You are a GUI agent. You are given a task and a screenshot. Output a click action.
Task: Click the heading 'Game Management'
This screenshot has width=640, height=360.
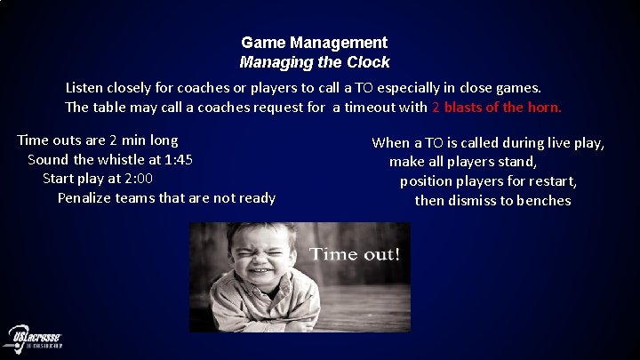[314, 43]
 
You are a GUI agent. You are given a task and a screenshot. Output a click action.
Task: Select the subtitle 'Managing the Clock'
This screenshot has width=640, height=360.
[314, 62]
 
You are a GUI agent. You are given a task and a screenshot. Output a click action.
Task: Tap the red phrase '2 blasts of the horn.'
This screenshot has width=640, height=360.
[497, 108]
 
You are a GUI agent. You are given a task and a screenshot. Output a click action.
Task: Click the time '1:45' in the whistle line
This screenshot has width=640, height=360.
[178, 160]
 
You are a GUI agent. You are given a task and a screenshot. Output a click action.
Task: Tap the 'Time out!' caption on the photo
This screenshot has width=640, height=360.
[354, 254]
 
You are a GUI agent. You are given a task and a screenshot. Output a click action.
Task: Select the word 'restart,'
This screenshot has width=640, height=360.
[548, 181]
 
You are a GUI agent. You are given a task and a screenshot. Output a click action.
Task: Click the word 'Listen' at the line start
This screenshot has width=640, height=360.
[86, 89]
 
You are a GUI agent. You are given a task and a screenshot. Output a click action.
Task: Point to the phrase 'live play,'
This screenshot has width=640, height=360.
[574, 142]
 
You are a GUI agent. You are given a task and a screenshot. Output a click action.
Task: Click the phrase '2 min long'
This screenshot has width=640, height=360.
[140, 140]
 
